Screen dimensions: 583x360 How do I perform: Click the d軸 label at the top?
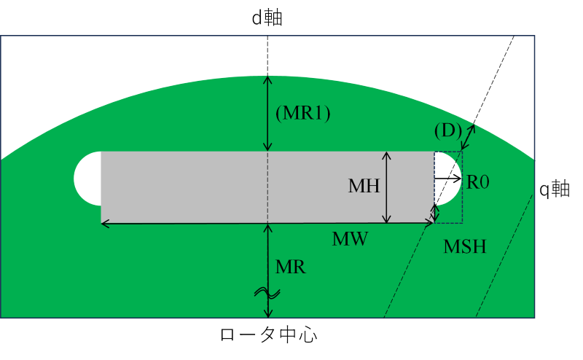[267, 17]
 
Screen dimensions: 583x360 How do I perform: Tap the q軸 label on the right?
[555, 189]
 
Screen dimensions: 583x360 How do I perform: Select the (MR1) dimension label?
[303, 113]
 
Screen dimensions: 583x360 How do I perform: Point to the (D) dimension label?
[448, 130]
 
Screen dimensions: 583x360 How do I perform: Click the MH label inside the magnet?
[364, 186]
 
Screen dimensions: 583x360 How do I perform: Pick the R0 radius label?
[478, 182]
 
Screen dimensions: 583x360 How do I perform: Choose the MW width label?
[350, 239]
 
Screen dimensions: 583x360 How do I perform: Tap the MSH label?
[465, 246]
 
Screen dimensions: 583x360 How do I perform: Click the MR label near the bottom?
[290, 267]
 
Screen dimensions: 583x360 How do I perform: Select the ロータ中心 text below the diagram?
[268, 335]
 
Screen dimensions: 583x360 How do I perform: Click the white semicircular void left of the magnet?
[87, 179]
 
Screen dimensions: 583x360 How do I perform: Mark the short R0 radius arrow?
[447, 179]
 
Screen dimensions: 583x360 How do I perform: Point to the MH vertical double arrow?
[387, 187]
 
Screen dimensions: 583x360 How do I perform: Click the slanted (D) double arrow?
[468, 137]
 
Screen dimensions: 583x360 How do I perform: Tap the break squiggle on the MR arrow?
[267, 294]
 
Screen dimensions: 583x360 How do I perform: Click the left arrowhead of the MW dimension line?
[105, 224]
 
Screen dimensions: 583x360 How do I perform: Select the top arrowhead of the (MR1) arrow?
[267, 79]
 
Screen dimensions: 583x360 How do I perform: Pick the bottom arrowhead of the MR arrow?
[267, 314]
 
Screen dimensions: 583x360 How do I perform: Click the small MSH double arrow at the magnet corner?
[434, 214]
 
